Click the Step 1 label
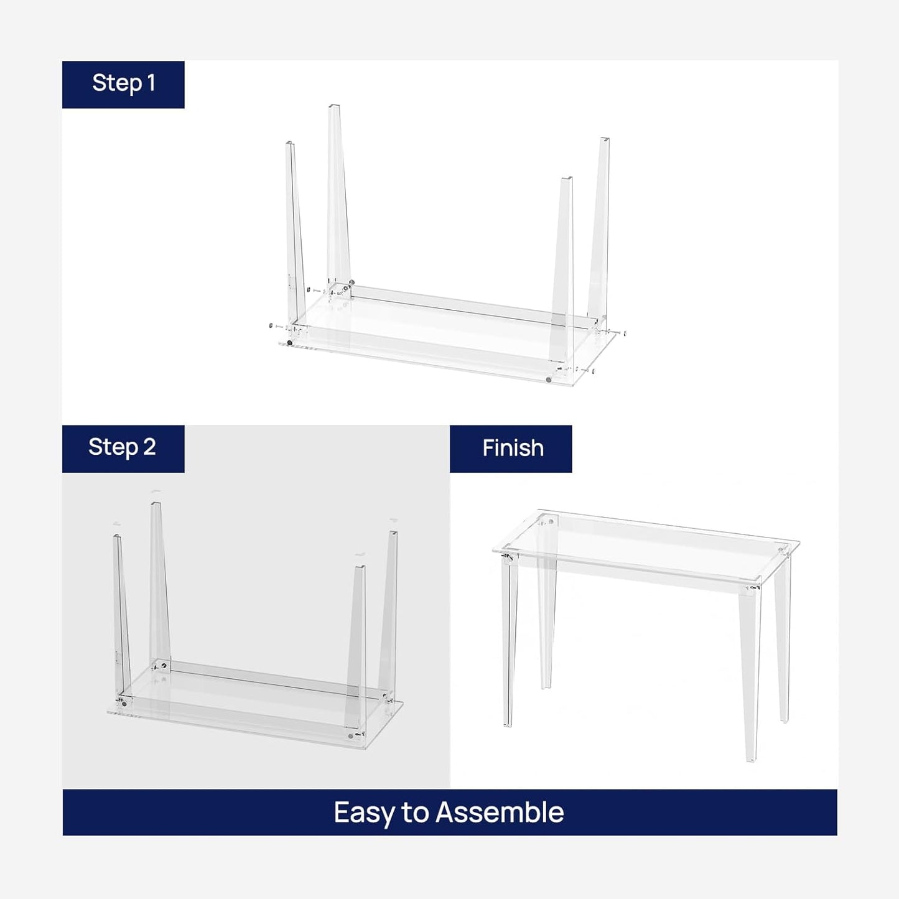(x=123, y=84)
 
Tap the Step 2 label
(x=123, y=448)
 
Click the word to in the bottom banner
(x=414, y=813)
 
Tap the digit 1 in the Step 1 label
(x=150, y=83)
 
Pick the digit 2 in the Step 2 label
(x=149, y=447)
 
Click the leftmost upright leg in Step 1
(x=294, y=236)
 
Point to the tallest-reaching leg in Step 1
(x=337, y=193)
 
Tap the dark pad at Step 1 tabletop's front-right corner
(x=548, y=379)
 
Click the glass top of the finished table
(x=647, y=547)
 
